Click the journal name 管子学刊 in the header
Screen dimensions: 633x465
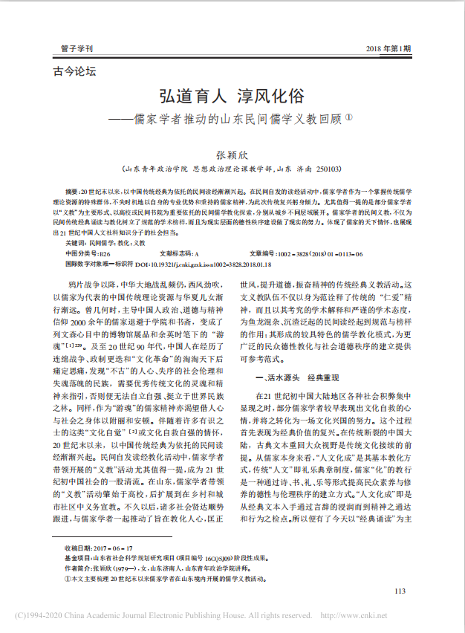(77, 48)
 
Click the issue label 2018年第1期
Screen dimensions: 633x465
(388, 48)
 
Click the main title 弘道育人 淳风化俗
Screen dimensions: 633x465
(232, 97)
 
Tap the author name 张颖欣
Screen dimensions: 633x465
(232, 155)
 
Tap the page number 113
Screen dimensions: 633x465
(400, 591)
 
